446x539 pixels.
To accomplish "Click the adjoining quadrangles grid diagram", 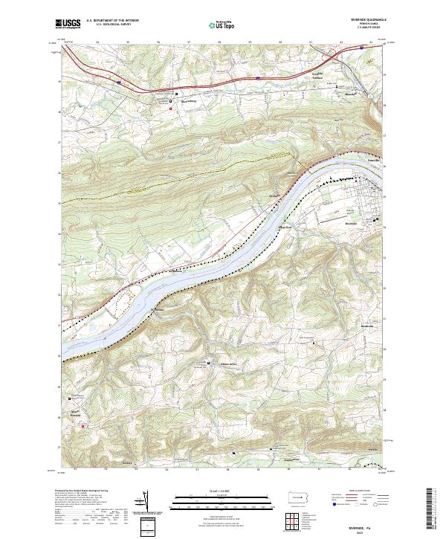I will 295,518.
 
